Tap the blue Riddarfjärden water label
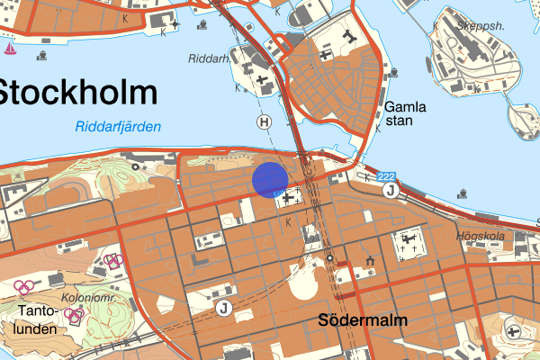[118, 127]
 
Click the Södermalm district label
[364, 320]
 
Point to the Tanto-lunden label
[36, 320]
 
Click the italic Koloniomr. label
[86, 298]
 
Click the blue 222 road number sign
[387, 175]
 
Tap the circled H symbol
[264, 121]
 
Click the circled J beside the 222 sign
[390, 190]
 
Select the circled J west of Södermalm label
[223, 309]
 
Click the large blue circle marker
[269, 179]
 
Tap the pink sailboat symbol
[10, 48]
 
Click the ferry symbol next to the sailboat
[41, 54]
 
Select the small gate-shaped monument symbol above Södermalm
[370, 262]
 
